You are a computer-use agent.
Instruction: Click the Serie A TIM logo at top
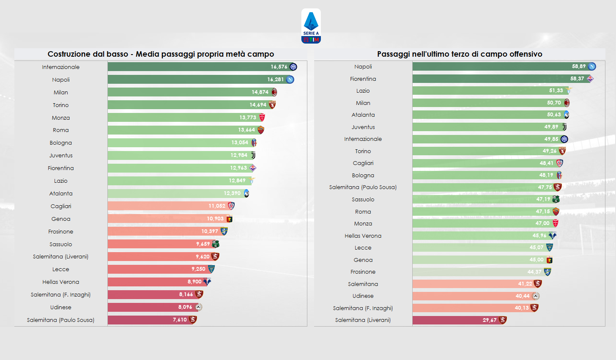coord(311,26)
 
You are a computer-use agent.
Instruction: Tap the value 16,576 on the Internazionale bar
coord(279,67)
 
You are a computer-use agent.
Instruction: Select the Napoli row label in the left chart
coord(61,80)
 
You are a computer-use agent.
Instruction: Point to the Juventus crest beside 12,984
coord(253,155)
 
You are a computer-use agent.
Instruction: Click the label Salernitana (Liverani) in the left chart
coord(60,257)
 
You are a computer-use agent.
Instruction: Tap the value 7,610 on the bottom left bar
coord(180,320)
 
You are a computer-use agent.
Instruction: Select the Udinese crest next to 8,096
coord(198,307)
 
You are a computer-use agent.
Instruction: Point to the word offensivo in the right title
coord(526,54)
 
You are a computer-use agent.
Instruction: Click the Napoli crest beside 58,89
coord(592,66)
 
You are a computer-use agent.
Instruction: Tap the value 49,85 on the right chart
coord(551,139)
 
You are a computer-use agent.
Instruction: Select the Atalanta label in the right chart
coord(363,115)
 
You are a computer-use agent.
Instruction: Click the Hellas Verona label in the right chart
coord(363,236)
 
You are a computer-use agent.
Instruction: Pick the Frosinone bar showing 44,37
coord(469,272)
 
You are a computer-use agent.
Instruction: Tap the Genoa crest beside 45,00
coord(549,260)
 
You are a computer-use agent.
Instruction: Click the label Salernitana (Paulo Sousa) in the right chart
coord(363,187)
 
